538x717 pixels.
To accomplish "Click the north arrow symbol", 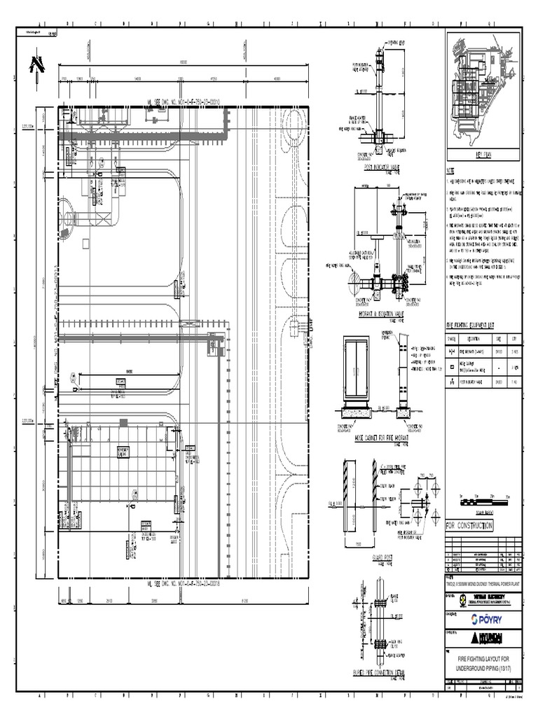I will coord(32,65).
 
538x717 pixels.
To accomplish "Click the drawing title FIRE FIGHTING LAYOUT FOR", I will coord(483,660).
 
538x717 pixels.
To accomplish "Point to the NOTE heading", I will coord(451,172).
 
